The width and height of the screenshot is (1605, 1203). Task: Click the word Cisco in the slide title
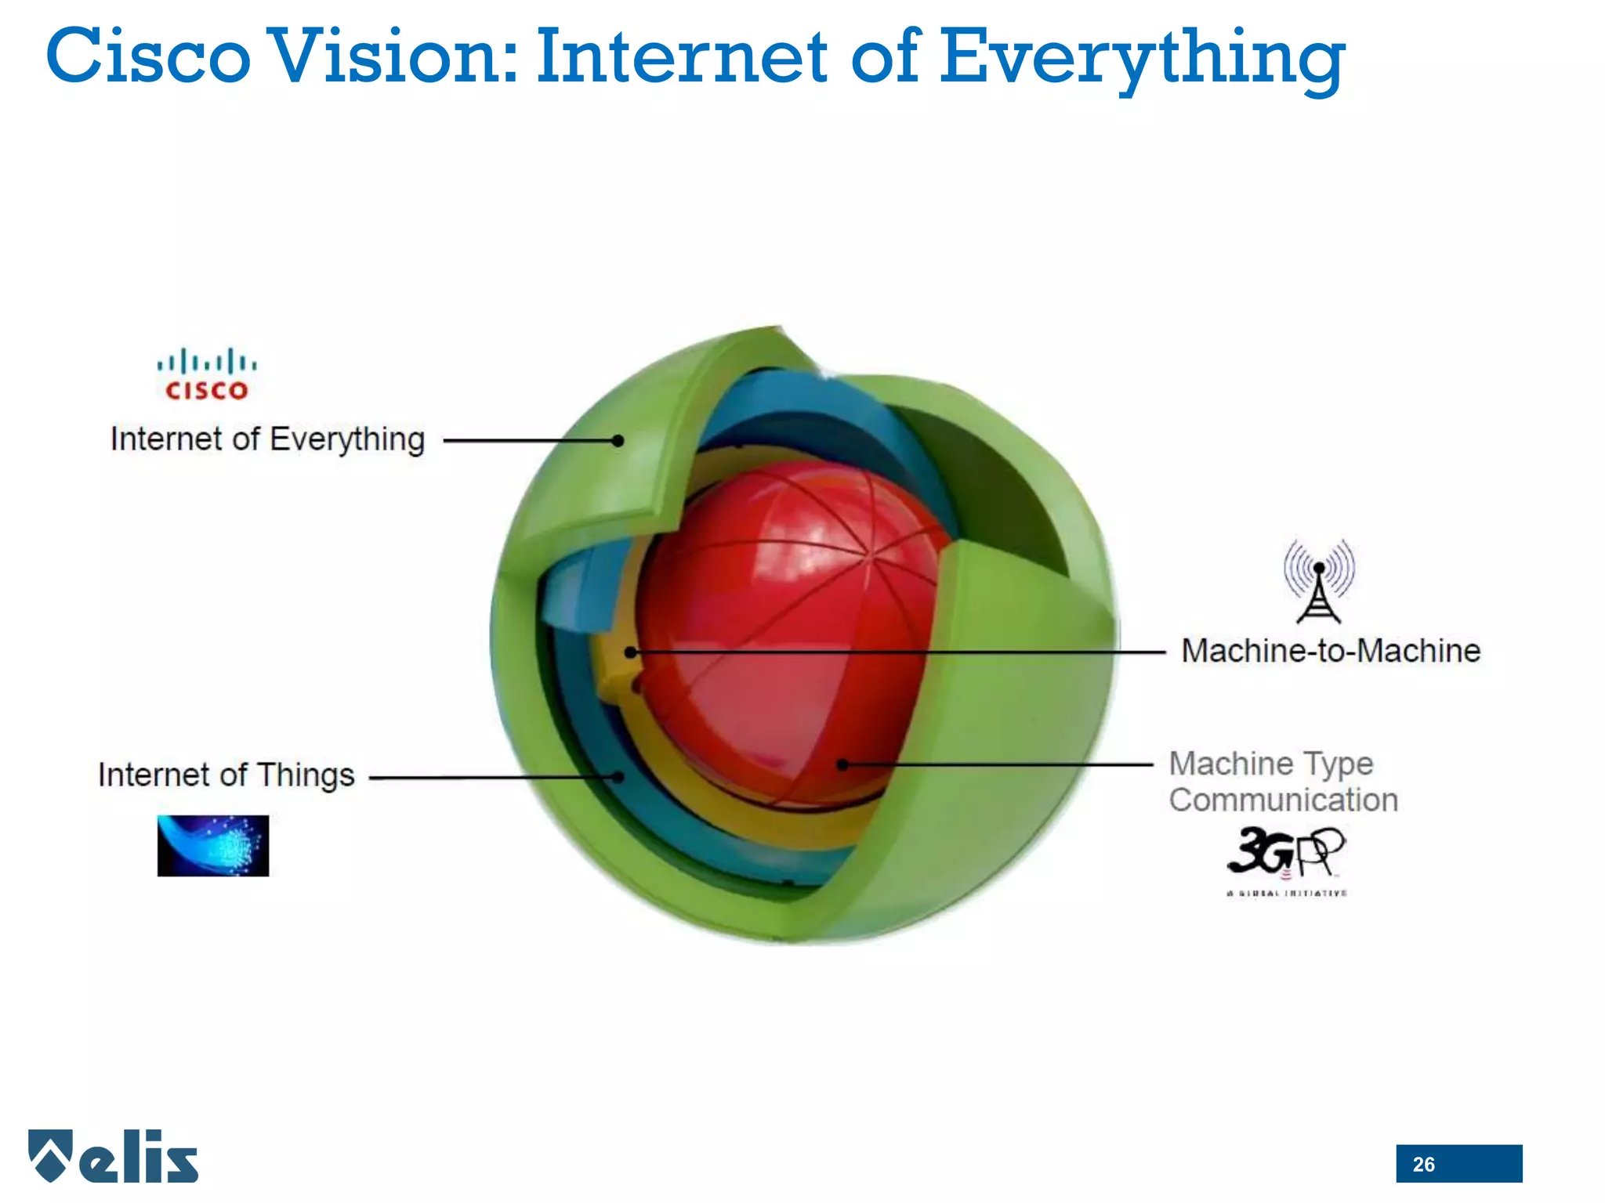click(x=148, y=56)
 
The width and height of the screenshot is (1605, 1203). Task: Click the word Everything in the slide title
click(x=1142, y=60)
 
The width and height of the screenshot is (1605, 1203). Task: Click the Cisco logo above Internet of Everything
click(x=206, y=374)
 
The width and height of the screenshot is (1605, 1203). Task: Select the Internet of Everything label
click(x=267, y=439)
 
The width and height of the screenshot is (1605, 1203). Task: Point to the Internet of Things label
click(x=226, y=775)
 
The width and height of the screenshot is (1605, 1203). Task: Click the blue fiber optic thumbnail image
click(x=212, y=846)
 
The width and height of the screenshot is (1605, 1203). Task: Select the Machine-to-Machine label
click(x=1331, y=651)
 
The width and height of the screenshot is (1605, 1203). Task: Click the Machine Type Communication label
click(x=1283, y=782)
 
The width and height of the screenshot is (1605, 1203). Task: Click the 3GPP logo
click(x=1286, y=858)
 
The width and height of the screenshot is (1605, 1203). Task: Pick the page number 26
click(x=1423, y=1165)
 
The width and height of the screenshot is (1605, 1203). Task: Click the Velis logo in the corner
click(x=114, y=1156)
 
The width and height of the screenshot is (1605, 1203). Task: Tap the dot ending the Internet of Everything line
click(x=618, y=441)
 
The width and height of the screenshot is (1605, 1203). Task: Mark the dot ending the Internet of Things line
click(x=618, y=777)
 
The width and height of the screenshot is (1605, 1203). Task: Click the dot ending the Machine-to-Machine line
click(x=631, y=652)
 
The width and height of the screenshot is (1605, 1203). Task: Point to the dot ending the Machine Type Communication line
click(x=842, y=764)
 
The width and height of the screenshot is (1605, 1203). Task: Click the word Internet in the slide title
click(x=682, y=56)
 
